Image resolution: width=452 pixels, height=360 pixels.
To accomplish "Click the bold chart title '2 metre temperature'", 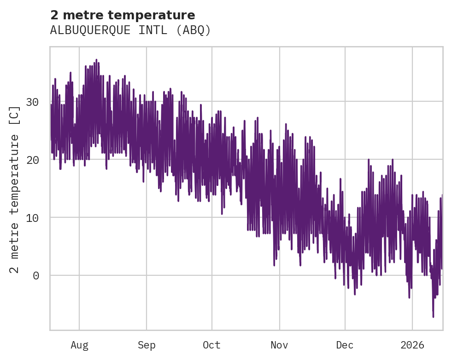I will (123, 15).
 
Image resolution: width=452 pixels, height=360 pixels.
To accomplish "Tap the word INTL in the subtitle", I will (153, 30).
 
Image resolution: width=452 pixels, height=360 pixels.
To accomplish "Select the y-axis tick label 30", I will (38, 102).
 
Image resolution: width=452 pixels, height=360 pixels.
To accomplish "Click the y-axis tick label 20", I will (38, 160).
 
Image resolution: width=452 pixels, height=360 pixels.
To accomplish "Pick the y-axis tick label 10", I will (38, 218).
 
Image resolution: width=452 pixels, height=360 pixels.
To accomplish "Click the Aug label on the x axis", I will (79, 345).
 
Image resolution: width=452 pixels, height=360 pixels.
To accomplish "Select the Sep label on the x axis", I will (147, 345).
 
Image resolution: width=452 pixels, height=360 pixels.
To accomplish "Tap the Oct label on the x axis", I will (212, 345).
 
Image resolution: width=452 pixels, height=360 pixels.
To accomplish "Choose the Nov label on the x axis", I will (279, 345).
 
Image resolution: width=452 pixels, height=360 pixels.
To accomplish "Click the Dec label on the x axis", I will (345, 345).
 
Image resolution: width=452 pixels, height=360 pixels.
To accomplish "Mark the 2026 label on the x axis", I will (412, 345).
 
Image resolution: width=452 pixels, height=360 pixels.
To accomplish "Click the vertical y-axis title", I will (15, 189).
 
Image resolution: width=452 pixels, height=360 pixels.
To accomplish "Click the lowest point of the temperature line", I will (433, 317).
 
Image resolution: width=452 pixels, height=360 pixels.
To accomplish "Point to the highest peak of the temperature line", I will (96, 60).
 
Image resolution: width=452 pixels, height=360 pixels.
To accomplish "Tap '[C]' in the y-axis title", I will (15, 116).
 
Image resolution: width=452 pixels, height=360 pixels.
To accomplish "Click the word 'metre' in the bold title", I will (80, 15).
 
